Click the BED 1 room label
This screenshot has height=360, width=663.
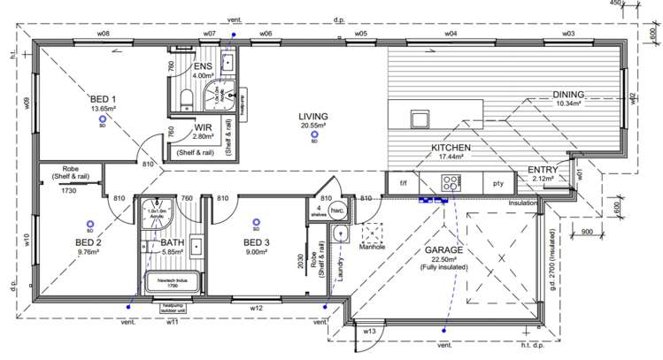coord(103,98)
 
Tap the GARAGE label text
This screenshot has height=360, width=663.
coord(443,250)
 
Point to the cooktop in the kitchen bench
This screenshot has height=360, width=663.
coord(450,184)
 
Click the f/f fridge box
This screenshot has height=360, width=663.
coord(403,184)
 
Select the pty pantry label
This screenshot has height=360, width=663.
coord(497,184)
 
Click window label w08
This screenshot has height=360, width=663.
coord(103,33)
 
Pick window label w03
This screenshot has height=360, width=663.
coord(567,33)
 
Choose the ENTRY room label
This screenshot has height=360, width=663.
coord(542,170)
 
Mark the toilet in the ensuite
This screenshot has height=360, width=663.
coord(187,96)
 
